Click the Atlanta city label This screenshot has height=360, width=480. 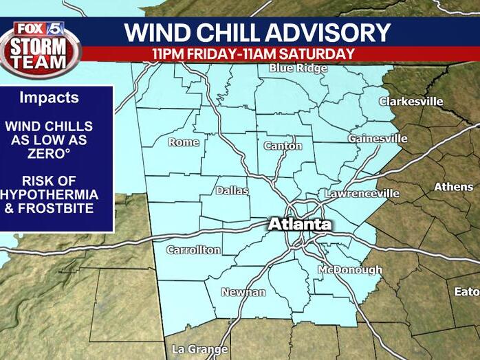[299, 225]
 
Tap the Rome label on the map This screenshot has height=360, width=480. [184, 142]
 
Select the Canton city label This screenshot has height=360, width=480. [283, 146]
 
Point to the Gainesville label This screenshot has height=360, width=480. [378, 138]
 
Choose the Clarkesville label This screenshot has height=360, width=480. [411, 102]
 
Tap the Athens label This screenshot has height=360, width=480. [453, 187]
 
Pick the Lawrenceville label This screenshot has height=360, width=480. [362, 193]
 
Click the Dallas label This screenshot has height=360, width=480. [232, 190]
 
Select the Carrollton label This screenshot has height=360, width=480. [194, 250]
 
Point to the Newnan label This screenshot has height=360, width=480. [243, 292]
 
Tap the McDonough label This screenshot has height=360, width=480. [349, 270]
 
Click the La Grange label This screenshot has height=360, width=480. [199, 349]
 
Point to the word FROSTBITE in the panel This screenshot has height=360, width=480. [54, 208]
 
